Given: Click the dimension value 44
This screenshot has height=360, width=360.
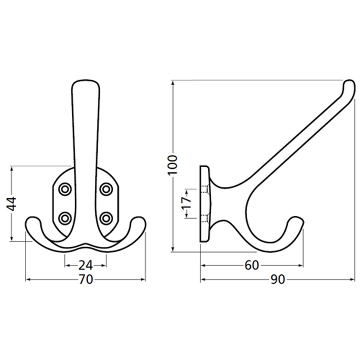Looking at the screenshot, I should tap(12, 204).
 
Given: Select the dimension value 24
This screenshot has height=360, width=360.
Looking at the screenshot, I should tap(86, 266).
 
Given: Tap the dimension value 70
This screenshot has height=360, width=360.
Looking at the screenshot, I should tap(86, 279).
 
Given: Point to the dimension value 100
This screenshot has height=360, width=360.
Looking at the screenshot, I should tap(173, 165).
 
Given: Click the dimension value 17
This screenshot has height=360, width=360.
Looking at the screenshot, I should tap(186, 203).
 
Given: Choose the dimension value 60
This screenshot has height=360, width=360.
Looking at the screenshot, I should tap(252, 266).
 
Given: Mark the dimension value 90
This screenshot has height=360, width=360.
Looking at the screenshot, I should tap(278, 279).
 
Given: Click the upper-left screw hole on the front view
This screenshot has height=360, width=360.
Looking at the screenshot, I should tap(65, 189).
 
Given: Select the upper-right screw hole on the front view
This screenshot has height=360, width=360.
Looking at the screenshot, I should tap(106, 189).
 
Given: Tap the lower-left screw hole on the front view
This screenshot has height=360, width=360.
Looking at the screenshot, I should tap(65, 217).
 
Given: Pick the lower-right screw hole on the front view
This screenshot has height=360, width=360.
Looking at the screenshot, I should tap(106, 217).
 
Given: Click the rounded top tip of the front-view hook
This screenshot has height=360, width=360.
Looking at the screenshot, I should tap(86, 82).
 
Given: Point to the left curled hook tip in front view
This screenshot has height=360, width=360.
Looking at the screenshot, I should tap(32, 220).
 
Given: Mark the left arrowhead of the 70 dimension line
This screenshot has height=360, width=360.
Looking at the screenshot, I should tap(27, 279).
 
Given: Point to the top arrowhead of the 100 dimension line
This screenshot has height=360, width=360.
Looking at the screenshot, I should tap(173, 82).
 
